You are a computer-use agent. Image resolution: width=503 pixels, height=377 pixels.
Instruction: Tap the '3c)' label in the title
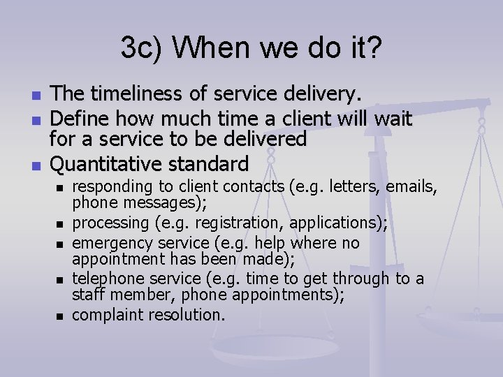click(142, 47)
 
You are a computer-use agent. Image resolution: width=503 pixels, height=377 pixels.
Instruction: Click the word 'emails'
click(414, 186)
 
